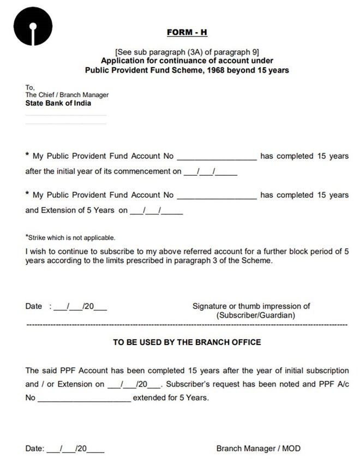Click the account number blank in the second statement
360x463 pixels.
point(217,195)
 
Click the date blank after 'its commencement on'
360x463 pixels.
point(210,172)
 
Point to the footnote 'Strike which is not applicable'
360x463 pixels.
point(71,238)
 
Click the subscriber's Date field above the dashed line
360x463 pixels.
point(80,307)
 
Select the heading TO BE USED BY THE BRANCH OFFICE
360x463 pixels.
point(187,342)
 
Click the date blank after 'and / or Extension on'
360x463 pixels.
point(134,384)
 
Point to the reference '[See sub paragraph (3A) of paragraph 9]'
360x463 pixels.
point(187,52)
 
